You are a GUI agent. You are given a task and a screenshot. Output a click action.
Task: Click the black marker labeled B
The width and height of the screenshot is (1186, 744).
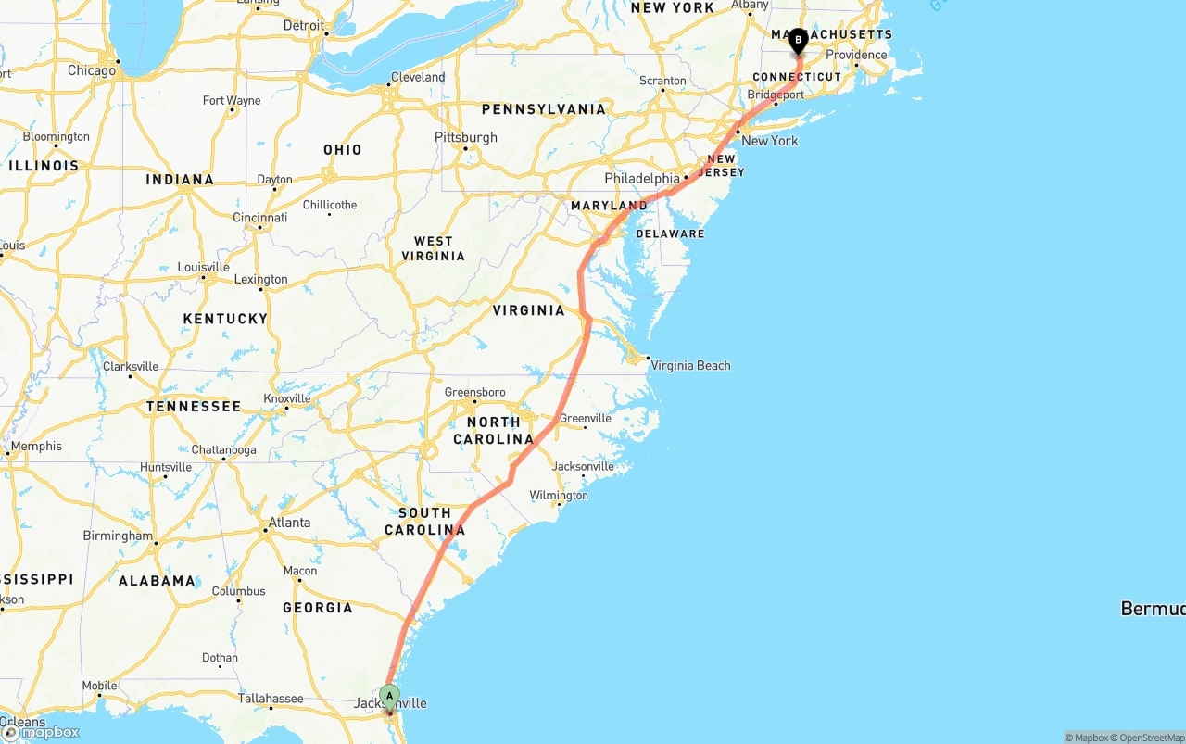point(798,41)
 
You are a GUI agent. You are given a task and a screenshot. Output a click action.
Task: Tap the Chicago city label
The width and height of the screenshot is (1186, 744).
point(92,70)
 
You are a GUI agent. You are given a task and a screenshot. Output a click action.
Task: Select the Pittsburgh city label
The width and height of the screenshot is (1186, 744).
point(466,137)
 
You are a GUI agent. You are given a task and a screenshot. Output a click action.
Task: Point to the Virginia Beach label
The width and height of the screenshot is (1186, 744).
point(690,365)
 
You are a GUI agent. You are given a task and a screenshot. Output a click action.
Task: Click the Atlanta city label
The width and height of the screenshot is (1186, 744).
point(289,523)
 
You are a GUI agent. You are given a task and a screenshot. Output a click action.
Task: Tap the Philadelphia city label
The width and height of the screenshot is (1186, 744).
point(642,178)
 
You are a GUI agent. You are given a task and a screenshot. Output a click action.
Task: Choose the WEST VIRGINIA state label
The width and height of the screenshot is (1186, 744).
point(434,248)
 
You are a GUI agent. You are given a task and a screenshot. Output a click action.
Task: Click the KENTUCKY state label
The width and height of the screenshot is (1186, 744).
point(225,319)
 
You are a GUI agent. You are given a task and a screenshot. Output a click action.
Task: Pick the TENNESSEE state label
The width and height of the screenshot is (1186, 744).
point(194,406)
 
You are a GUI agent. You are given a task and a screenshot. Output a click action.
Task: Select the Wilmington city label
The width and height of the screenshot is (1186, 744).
point(559,495)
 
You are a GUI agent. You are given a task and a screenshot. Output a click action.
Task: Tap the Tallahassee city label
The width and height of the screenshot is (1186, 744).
point(271,699)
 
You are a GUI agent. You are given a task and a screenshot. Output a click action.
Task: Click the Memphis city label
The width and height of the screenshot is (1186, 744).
point(36,447)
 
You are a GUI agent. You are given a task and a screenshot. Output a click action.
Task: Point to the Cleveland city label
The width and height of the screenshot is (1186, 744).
point(418,77)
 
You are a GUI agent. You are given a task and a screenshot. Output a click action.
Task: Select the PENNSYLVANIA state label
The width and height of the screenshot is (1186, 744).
point(543,109)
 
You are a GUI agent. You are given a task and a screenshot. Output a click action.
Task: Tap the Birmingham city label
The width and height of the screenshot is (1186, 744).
point(118,536)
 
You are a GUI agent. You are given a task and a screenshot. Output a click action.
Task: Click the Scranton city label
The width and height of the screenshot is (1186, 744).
point(662,81)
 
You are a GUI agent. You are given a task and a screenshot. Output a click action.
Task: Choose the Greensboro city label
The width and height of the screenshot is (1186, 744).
point(474,392)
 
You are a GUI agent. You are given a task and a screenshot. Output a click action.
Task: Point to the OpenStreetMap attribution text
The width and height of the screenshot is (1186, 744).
point(1148,738)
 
